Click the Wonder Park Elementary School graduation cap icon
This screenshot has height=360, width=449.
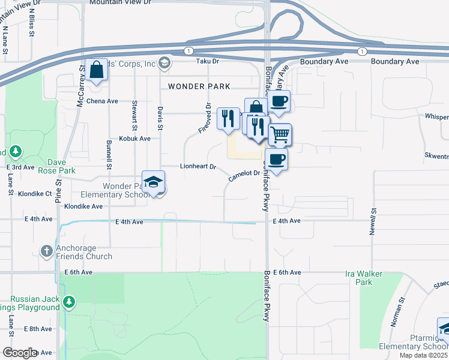click(x=153, y=182)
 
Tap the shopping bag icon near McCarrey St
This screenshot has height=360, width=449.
click(x=96, y=70)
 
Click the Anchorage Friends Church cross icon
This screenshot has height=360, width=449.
click(x=47, y=251)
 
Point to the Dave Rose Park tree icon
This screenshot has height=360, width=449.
click(x=16, y=151)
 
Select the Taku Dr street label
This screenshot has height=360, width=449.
click(x=208, y=61)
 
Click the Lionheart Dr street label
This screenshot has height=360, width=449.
click(x=197, y=166)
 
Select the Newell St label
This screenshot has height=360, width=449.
click(x=373, y=221)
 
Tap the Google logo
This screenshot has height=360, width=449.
click(x=19, y=353)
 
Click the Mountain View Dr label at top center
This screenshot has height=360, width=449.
click(x=120, y=3)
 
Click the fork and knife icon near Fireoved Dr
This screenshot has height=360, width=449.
click(x=228, y=118)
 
